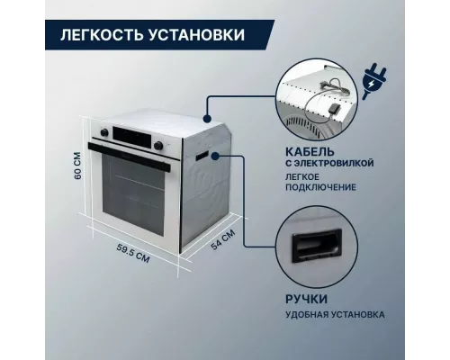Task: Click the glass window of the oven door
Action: (x=130, y=197)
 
